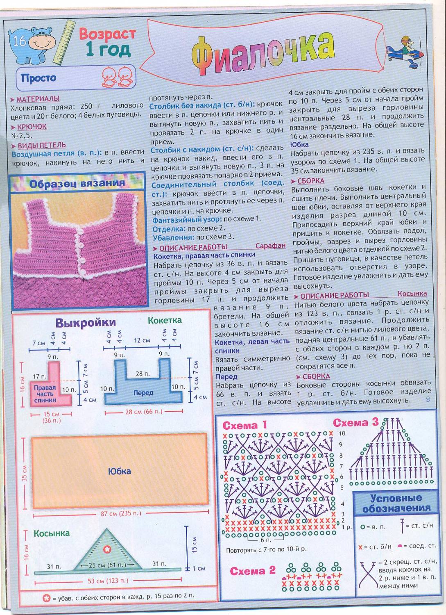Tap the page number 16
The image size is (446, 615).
coord(19,41)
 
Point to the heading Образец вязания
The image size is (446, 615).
coord(77,183)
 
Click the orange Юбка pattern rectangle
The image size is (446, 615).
coord(120,471)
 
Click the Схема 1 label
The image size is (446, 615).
coord(245,425)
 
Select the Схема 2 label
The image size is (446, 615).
coord(253,571)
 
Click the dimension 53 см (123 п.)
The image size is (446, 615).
coord(108,581)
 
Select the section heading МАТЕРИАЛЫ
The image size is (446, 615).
coord(38,99)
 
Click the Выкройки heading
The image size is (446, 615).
coord(86,323)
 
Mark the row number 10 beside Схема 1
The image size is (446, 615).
coord(342,433)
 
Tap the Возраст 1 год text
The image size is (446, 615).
coord(107,42)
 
